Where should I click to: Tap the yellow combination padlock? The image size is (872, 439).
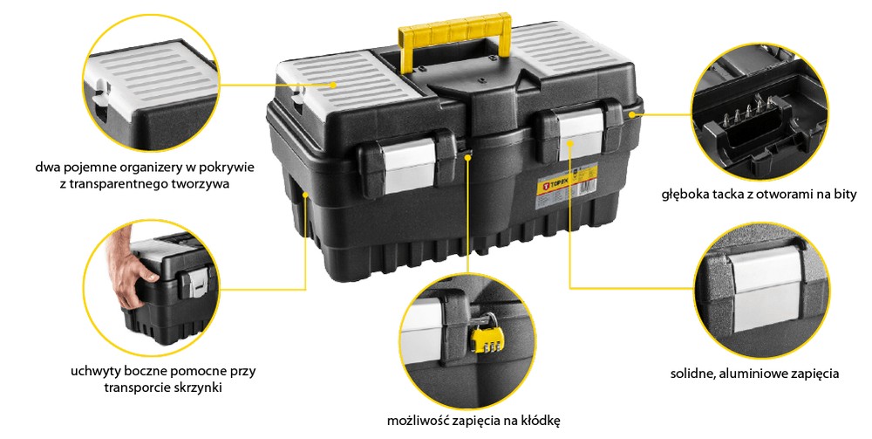(x=484, y=337)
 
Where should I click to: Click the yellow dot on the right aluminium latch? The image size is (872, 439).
(x=569, y=143)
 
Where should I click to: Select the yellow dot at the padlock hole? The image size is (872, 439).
(x=467, y=157)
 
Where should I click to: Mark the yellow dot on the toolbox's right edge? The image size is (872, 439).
(x=632, y=114)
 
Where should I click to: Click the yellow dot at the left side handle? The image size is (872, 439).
(x=305, y=194)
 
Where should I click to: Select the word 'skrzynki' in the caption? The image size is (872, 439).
(x=198, y=388)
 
